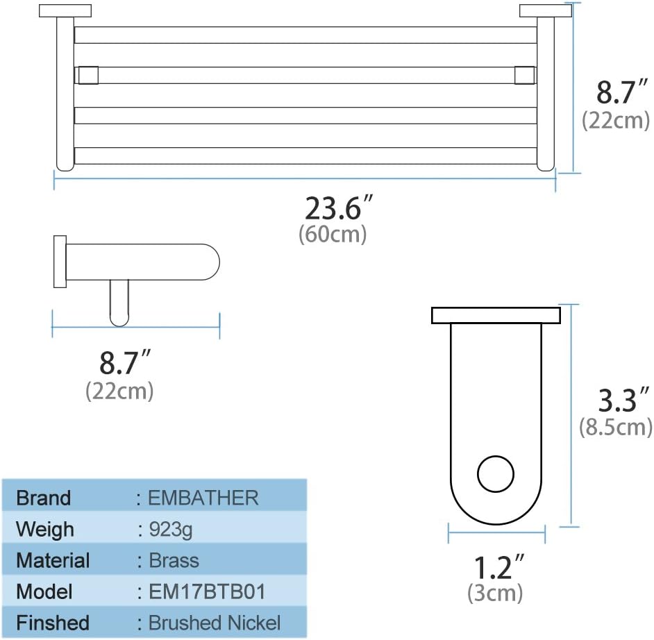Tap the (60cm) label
[333, 235]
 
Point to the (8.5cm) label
[616, 426]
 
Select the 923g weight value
[170, 529]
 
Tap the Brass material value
[174, 560]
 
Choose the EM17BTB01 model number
[207, 591]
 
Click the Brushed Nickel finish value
[215, 623]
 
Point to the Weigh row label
[44, 529]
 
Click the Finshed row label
[53, 623]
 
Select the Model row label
[44, 591]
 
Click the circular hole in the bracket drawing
[496, 474]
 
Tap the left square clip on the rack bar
[87, 75]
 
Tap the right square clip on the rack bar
[523, 75]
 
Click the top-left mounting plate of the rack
[65, 10]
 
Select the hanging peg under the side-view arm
[119, 302]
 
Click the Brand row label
[43, 498]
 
